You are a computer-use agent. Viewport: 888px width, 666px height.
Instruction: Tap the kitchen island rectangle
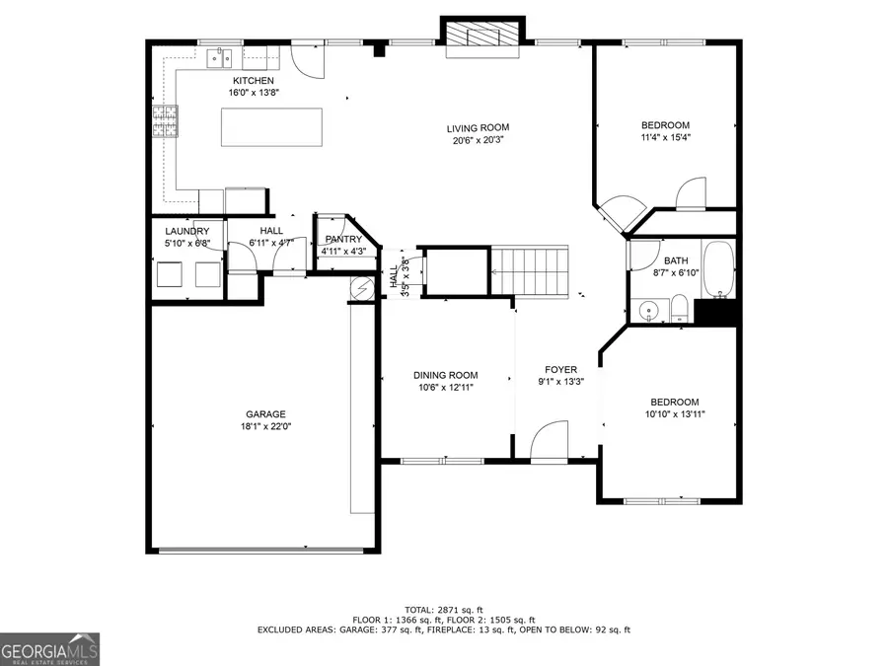(271, 127)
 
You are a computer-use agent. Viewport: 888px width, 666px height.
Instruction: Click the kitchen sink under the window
(219, 58)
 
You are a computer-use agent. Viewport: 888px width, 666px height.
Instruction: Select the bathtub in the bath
(718, 268)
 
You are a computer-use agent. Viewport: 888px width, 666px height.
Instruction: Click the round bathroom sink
(647, 311)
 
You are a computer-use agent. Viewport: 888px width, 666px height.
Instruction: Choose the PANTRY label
(343, 240)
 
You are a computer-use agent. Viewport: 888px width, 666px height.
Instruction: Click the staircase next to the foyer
(531, 270)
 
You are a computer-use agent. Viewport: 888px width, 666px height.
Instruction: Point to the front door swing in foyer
(550, 441)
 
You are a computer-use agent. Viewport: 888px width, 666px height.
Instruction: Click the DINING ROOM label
(444, 375)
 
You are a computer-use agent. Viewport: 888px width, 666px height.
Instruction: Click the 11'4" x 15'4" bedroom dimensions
(665, 138)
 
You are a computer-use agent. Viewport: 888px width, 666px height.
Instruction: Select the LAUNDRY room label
(187, 231)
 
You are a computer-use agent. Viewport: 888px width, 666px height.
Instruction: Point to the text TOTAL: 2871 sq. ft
(444, 609)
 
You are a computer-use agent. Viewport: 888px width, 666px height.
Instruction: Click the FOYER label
(560, 370)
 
